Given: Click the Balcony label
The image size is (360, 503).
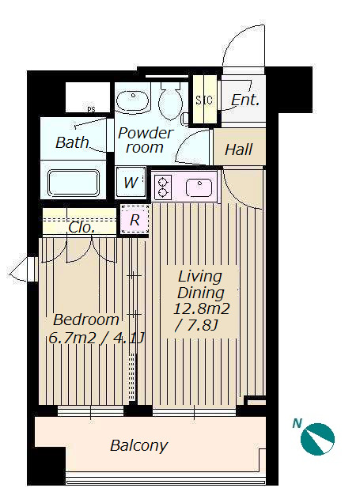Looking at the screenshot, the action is pyautogui.click(x=138, y=445).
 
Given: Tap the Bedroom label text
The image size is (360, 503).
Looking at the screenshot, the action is pyautogui.click(x=86, y=320).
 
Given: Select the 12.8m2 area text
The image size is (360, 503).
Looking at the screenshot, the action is pyautogui.click(x=202, y=308).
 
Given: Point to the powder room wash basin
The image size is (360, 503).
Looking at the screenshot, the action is pyautogui.click(x=132, y=101).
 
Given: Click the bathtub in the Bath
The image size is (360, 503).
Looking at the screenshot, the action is pyautogui.click(x=74, y=183).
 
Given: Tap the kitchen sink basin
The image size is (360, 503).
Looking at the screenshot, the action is pyautogui.click(x=199, y=187).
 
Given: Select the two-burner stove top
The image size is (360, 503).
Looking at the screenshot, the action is pyautogui.click(x=163, y=187).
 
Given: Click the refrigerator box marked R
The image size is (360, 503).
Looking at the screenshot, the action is pyautogui.click(x=135, y=220).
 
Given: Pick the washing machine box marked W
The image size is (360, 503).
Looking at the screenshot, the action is pyautogui.click(x=131, y=183).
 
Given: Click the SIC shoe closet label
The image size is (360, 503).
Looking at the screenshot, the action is pyautogui.click(x=204, y=100).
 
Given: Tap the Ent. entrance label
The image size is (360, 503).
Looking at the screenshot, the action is pyautogui.click(x=244, y=100).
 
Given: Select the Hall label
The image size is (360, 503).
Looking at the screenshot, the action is pyautogui.click(x=239, y=149).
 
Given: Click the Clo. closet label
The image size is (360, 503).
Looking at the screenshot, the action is pyautogui.click(x=81, y=228).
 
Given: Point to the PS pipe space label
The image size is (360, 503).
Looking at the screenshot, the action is pyautogui.click(x=91, y=109).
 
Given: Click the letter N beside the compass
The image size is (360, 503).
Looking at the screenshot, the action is pyautogui.click(x=297, y=423).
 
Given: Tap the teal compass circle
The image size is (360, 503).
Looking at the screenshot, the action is pyautogui.click(x=317, y=439).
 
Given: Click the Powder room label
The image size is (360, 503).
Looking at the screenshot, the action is pyautogui.click(x=146, y=140).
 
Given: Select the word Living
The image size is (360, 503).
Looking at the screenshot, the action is pyautogui.click(x=199, y=278).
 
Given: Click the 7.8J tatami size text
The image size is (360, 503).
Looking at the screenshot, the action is pyautogui.click(x=196, y=326).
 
